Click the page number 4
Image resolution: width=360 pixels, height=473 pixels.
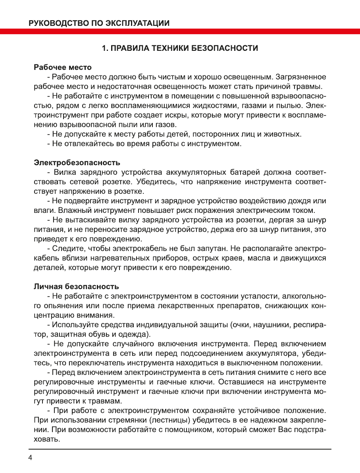(x=30, y=457)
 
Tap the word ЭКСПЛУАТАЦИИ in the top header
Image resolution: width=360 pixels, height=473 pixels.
(x=137, y=23)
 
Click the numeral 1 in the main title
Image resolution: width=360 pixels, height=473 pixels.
(x=104, y=48)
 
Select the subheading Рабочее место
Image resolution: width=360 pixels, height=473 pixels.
(x=63, y=67)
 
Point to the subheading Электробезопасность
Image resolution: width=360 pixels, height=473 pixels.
(x=77, y=162)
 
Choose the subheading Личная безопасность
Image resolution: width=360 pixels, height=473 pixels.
(x=76, y=286)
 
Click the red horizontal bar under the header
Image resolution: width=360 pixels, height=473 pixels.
(x=180, y=31)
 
